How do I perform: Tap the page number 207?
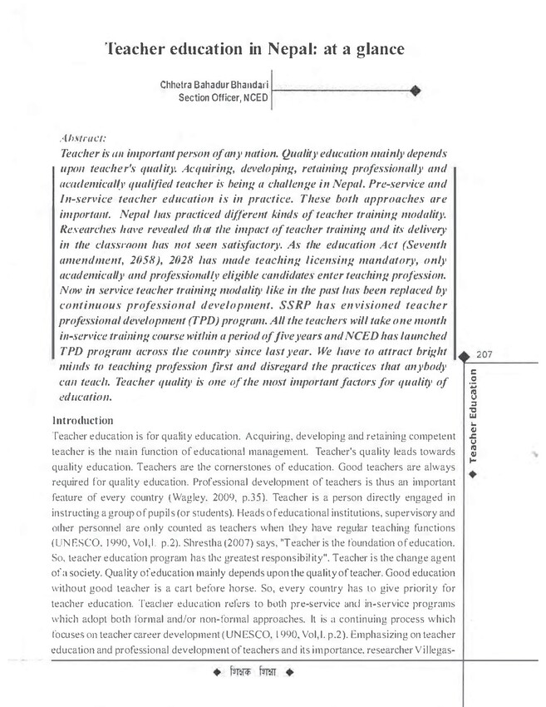click(x=486, y=353)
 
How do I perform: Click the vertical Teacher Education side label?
click(x=472, y=413)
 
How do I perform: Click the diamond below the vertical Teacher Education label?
click(x=472, y=474)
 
